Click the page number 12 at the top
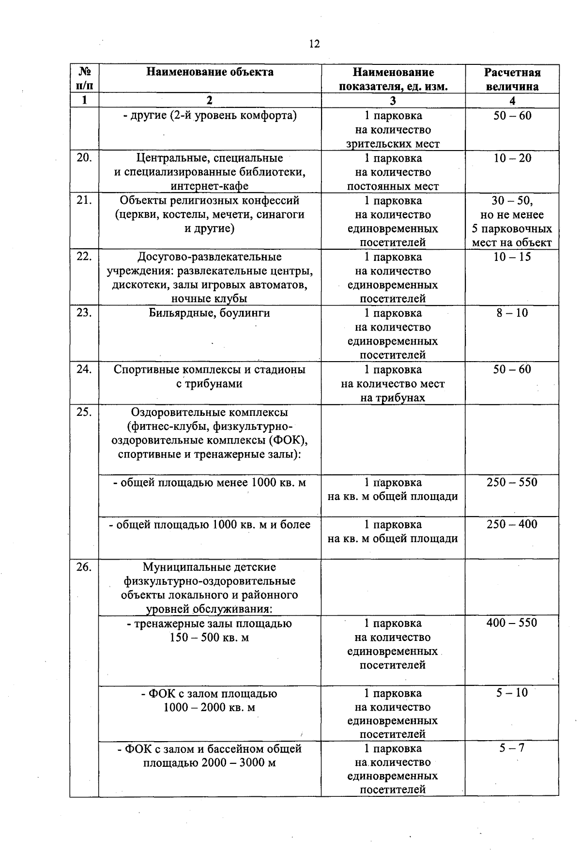click(314, 44)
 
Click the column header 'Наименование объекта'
click(210, 72)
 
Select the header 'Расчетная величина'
click(512, 79)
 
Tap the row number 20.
click(84, 158)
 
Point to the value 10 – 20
click(512, 158)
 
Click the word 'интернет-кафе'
click(210, 186)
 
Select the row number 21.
click(84, 200)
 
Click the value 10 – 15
click(512, 257)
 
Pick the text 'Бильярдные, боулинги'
click(210, 313)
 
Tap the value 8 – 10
click(512, 313)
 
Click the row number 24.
click(84, 369)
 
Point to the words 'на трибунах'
click(393, 398)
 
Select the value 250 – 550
click(512, 482)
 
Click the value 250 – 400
click(512, 524)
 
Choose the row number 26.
click(84, 567)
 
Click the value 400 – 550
click(512, 623)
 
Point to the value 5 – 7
click(512, 748)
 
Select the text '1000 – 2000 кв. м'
click(210, 708)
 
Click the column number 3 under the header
click(393, 101)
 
